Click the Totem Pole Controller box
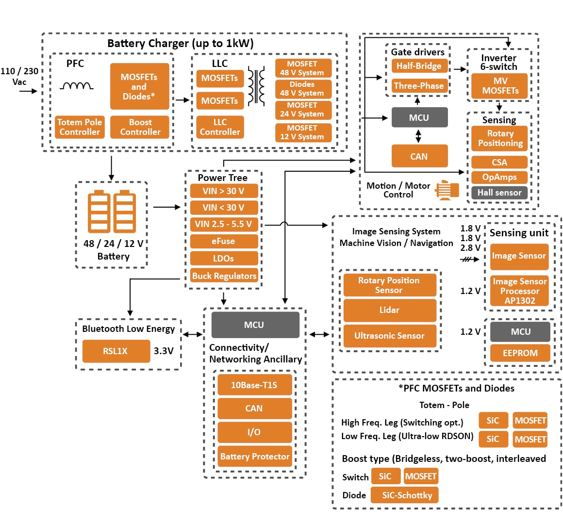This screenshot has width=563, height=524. [x=80, y=127]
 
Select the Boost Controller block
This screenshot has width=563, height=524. [x=140, y=127]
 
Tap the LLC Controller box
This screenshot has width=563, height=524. [x=220, y=127]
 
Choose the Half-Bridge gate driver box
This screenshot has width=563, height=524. [x=418, y=66]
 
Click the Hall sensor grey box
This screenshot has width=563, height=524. [x=499, y=193]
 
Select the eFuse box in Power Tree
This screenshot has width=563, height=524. [x=223, y=241]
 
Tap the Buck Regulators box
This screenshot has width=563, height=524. [x=224, y=276]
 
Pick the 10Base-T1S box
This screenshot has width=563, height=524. [x=254, y=385]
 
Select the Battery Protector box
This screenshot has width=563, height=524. [x=254, y=457]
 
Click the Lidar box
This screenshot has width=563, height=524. [x=389, y=310]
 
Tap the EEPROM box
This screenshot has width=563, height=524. [x=520, y=353]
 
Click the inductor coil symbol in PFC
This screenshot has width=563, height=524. [x=76, y=86]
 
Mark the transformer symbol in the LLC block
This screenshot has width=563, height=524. [x=256, y=86]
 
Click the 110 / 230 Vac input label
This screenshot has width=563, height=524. [x=19, y=76]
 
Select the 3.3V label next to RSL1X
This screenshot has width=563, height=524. [x=164, y=351]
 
